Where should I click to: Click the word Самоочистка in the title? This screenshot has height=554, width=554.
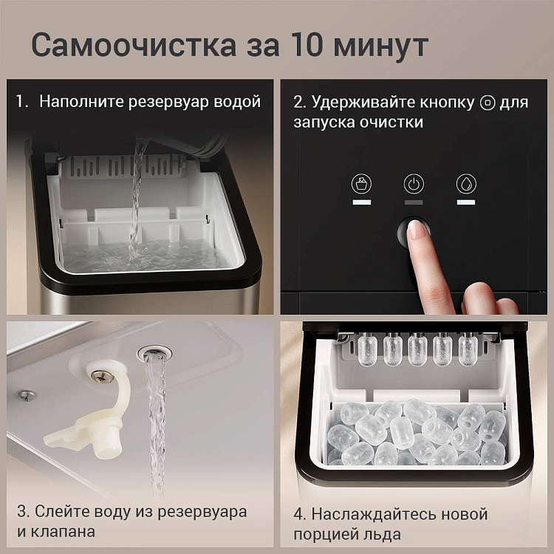(134, 45)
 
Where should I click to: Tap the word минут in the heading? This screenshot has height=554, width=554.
(381, 47)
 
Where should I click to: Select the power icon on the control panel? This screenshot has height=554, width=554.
(414, 184)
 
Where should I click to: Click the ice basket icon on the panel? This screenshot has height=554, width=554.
(361, 184)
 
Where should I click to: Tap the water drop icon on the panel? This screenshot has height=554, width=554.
(466, 184)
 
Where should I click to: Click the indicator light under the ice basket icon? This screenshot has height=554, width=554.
(361, 202)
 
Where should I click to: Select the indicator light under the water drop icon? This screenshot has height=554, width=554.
(466, 202)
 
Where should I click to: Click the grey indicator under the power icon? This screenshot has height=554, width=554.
(414, 202)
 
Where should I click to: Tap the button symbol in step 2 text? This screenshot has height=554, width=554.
(488, 103)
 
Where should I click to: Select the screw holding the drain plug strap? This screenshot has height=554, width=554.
(103, 377)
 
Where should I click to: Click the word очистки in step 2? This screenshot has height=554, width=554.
(391, 123)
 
